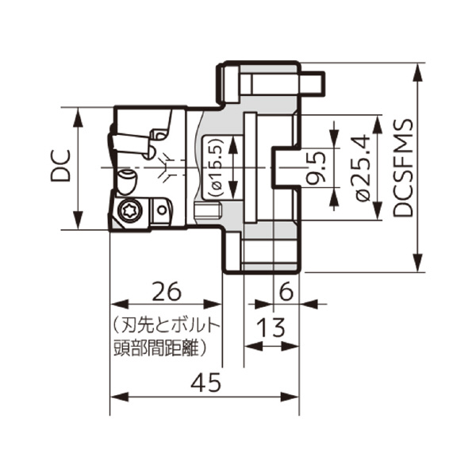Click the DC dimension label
tap(60, 166)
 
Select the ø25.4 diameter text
tap(363, 168)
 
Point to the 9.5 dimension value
tap(317, 168)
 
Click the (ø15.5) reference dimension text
tap(216, 168)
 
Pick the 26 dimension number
tap(167, 290)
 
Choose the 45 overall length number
tap(205, 383)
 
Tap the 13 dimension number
tap(271, 327)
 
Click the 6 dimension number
tap(286, 291)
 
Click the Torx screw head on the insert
tap(131, 210)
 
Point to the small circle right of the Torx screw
tap(162, 210)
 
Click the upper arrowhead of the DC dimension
tap(79, 117)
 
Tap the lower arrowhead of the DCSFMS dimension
tap(418, 263)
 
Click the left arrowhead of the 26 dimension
tap(119, 304)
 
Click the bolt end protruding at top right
tap(313, 82)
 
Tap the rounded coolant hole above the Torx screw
tap(127, 182)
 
